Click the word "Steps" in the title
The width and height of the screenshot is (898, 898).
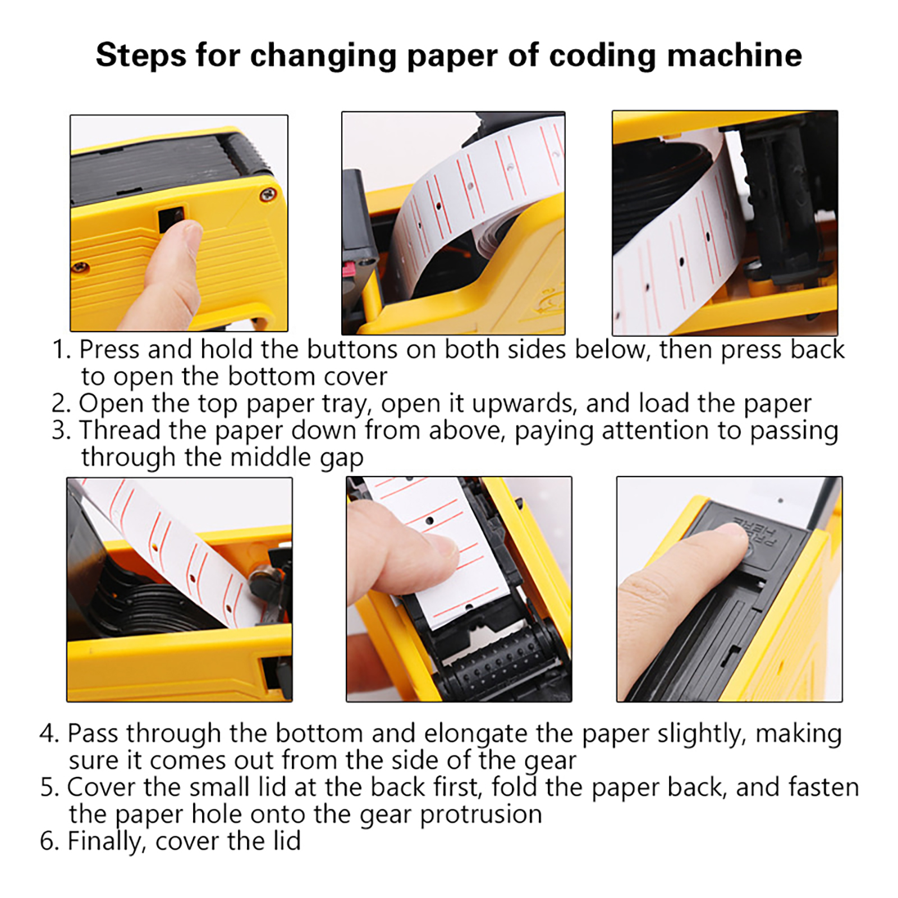pos(141,55)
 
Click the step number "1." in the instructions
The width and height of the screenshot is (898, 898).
pos(61,349)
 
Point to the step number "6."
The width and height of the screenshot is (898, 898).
pos(50,841)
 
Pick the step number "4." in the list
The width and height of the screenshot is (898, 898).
pos(49,733)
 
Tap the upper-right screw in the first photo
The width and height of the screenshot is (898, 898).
pos(268,195)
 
